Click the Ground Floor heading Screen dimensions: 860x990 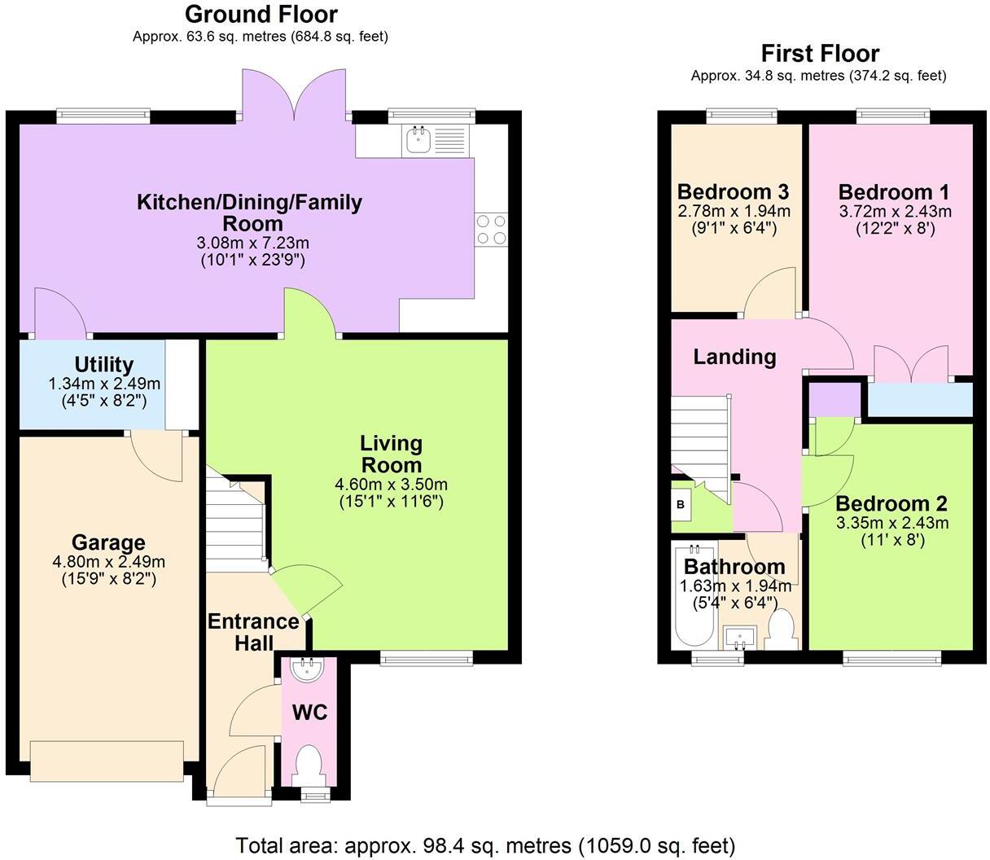(261, 15)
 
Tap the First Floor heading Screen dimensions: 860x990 (819, 54)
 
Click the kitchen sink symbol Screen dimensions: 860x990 (420, 141)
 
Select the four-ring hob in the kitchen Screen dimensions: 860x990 (491, 228)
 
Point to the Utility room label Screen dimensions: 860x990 (104, 365)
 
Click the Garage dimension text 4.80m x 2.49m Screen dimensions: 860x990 (108, 562)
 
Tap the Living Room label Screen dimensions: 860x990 (392, 454)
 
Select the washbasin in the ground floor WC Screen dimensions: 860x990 (309, 669)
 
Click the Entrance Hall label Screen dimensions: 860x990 (253, 632)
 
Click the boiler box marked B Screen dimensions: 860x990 (681, 505)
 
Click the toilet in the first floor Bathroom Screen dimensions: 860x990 (782, 630)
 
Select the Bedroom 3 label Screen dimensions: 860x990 (733, 193)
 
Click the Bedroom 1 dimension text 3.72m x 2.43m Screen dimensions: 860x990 (894, 212)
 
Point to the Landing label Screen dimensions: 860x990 (734, 357)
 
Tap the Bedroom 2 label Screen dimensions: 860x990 (891, 504)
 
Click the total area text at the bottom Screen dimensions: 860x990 (485, 845)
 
